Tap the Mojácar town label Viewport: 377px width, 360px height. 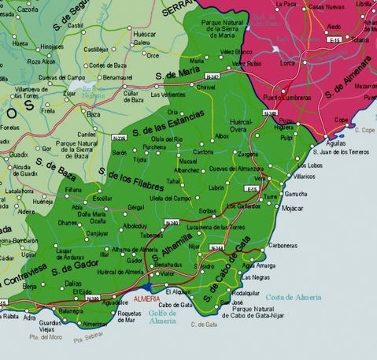point(292,208)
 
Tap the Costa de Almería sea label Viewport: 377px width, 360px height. point(315,297)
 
